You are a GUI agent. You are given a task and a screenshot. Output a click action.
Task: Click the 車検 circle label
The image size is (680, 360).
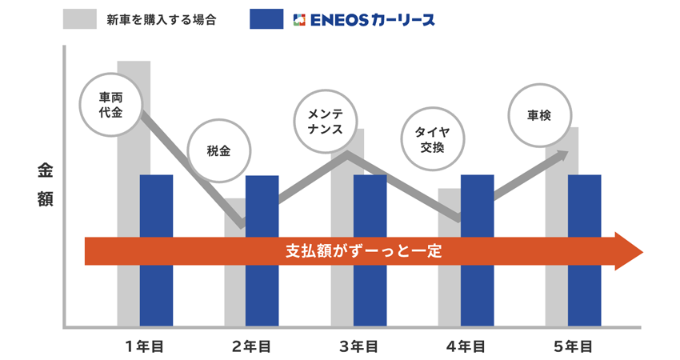click(540, 114)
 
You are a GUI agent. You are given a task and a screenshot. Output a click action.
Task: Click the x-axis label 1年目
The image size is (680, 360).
click(144, 346)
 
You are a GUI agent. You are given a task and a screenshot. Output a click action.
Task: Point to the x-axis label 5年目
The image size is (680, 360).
click(574, 346)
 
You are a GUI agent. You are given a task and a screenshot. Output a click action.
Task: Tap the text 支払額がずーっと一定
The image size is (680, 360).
click(363, 250)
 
